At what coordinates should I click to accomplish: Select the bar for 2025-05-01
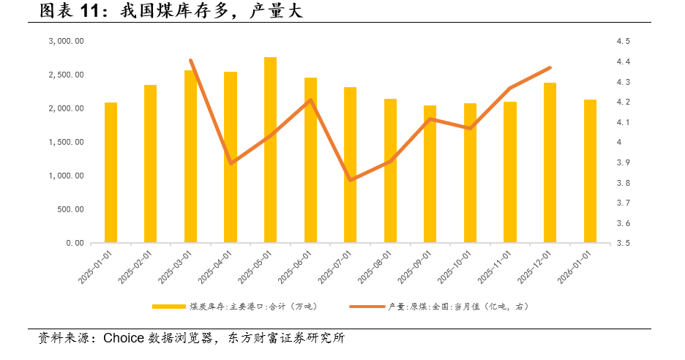(x=270, y=150)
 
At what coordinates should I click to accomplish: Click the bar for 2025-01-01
(x=111, y=173)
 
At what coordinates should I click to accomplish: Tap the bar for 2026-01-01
(x=590, y=171)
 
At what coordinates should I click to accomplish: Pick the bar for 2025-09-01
(x=430, y=174)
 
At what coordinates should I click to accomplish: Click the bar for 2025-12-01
(x=550, y=162)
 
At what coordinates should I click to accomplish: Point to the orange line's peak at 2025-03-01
(x=190, y=60)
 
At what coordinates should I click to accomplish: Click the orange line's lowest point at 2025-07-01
(x=351, y=180)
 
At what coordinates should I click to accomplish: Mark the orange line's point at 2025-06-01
(x=310, y=100)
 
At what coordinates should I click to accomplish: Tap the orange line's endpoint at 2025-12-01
(x=550, y=68)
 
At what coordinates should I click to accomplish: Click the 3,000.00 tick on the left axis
(x=66, y=42)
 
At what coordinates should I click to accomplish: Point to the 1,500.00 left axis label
(x=66, y=142)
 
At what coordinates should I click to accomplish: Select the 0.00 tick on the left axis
(x=73, y=243)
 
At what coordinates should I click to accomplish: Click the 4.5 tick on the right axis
(x=624, y=42)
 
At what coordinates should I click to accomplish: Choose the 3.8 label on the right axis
(x=624, y=183)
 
